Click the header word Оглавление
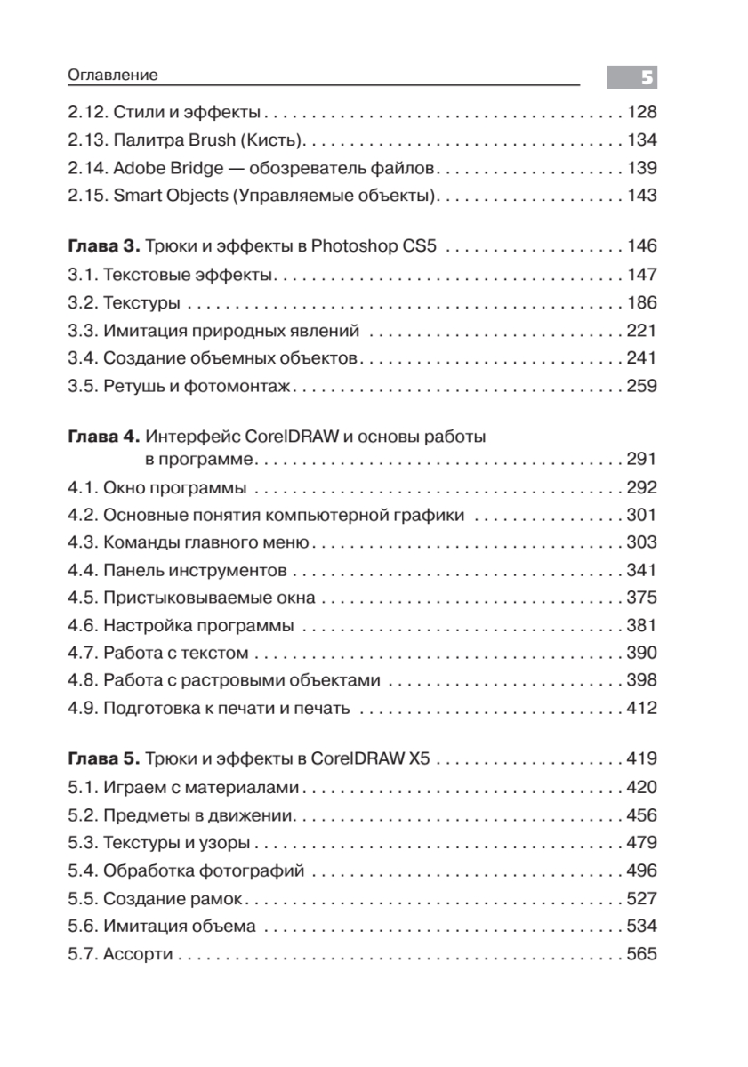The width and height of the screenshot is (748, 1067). tap(113, 76)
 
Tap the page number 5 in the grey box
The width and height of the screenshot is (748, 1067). tap(647, 78)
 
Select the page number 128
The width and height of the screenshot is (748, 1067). tap(640, 113)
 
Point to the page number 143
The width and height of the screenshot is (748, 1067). tap(640, 196)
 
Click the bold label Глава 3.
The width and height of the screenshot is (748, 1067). tap(102, 246)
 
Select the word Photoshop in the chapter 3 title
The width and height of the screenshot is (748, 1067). tap(352, 246)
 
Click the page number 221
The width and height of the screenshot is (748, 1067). tap(640, 332)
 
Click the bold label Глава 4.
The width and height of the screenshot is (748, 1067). tap(102, 437)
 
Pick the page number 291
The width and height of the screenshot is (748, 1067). tap(640, 460)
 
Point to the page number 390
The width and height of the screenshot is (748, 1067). tap(640, 653)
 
